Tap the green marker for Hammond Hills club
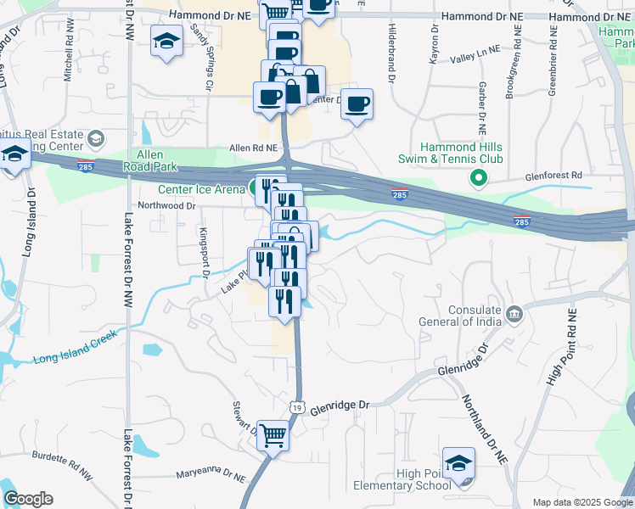(478, 177)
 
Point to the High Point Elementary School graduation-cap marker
(458, 463)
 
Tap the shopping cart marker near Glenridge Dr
(273, 436)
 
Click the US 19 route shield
(295, 407)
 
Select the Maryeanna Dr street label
(206, 474)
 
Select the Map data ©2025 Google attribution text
(582, 502)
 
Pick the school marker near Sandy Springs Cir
(166, 40)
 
